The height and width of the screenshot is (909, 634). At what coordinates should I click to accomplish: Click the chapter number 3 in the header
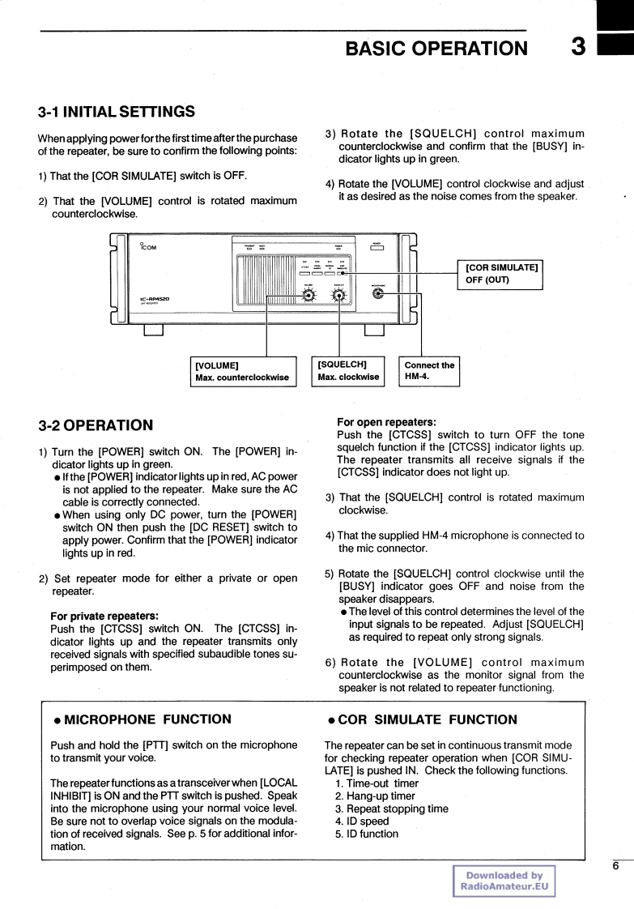pyautogui.click(x=577, y=47)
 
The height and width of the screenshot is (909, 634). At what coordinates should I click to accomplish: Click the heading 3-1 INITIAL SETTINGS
pyautogui.click(x=117, y=111)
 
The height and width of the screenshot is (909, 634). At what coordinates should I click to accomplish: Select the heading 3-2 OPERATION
pyautogui.click(x=96, y=425)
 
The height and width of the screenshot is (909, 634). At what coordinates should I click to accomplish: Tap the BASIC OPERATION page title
pyautogui.click(x=435, y=49)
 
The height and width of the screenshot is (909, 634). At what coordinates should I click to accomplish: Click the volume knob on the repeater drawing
pyautogui.click(x=308, y=295)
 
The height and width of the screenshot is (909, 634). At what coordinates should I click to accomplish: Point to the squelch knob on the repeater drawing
pyautogui.click(x=339, y=295)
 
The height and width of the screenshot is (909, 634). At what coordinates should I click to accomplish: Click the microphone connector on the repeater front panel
pyautogui.click(x=377, y=294)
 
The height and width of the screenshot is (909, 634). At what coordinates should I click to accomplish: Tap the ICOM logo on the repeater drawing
pyautogui.click(x=147, y=246)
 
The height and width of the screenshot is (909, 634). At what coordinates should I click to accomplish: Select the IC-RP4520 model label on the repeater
pyautogui.click(x=154, y=298)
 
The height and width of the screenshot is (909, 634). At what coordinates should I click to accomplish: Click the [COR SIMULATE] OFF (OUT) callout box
pyautogui.click(x=502, y=274)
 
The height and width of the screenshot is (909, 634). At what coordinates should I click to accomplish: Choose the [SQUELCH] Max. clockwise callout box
pyautogui.click(x=348, y=370)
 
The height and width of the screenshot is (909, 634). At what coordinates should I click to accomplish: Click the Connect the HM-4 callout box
pyautogui.click(x=429, y=370)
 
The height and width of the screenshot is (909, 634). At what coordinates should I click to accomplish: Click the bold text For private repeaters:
pyautogui.click(x=104, y=615)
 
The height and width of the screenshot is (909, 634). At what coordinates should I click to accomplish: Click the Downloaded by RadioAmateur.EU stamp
pyautogui.click(x=504, y=881)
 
